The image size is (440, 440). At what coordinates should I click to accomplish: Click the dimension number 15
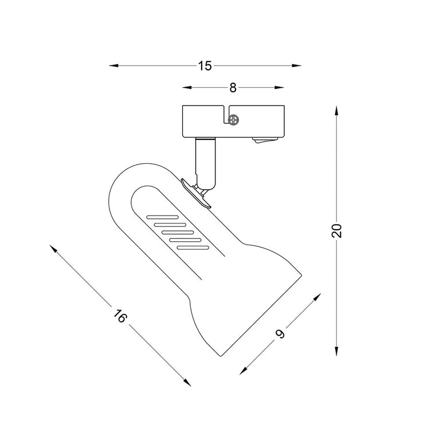pyautogui.click(x=205, y=66)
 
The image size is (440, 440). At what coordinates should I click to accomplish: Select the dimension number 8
pyautogui.click(x=233, y=88)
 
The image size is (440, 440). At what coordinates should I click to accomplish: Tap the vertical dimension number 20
pyautogui.click(x=337, y=231)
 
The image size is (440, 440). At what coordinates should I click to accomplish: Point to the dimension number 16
pyautogui.click(x=120, y=316)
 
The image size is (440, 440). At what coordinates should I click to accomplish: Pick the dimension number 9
pyautogui.click(x=280, y=333)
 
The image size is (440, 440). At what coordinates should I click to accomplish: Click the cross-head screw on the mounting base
pyautogui.click(x=233, y=120)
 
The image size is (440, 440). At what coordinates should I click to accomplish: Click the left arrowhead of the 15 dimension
pyautogui.click(x=113, y=66)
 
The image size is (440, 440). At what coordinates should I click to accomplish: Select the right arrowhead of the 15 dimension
pyautogui.click(x=297, y=66)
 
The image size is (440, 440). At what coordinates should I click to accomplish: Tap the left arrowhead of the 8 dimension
pyautogui.click(x=187, y=88)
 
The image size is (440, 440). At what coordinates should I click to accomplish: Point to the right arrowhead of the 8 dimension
pyautogui.click(x=279, y=88)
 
